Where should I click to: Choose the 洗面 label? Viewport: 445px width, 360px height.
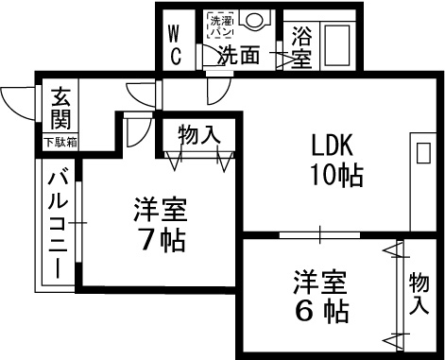tap(239, 55)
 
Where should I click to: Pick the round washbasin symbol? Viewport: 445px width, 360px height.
tap(253, 21)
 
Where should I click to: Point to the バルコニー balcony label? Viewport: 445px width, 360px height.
tap(58, 223)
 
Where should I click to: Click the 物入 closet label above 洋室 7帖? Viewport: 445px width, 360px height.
tap(199, 135)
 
